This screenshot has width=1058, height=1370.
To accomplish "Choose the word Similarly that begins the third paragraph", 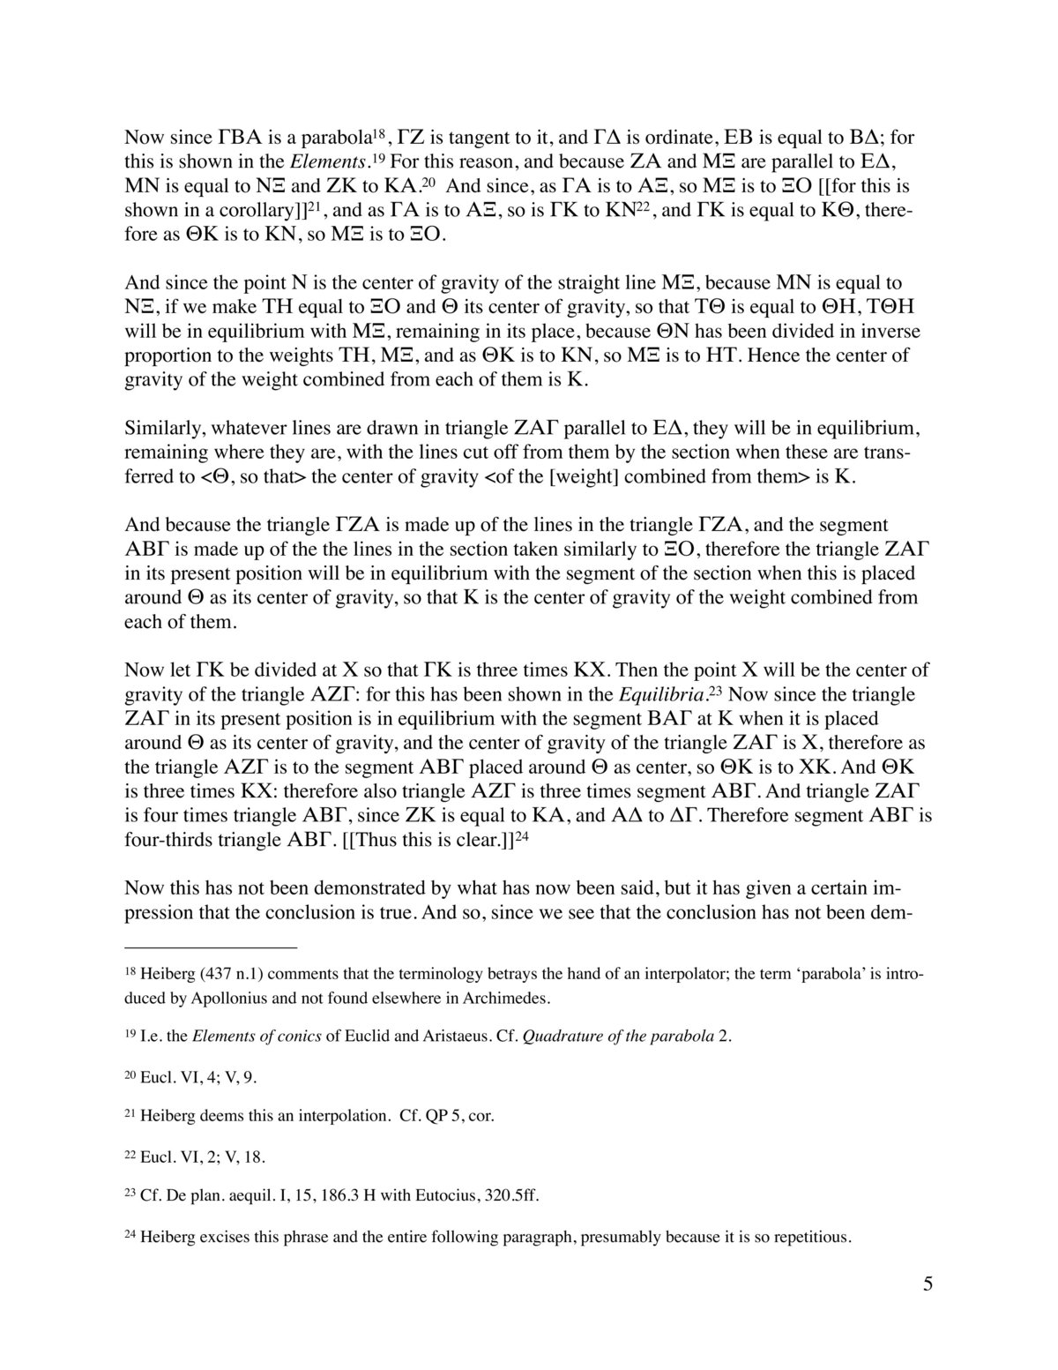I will [x=165, y=430].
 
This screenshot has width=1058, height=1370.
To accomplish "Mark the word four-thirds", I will [x=171, y=841].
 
